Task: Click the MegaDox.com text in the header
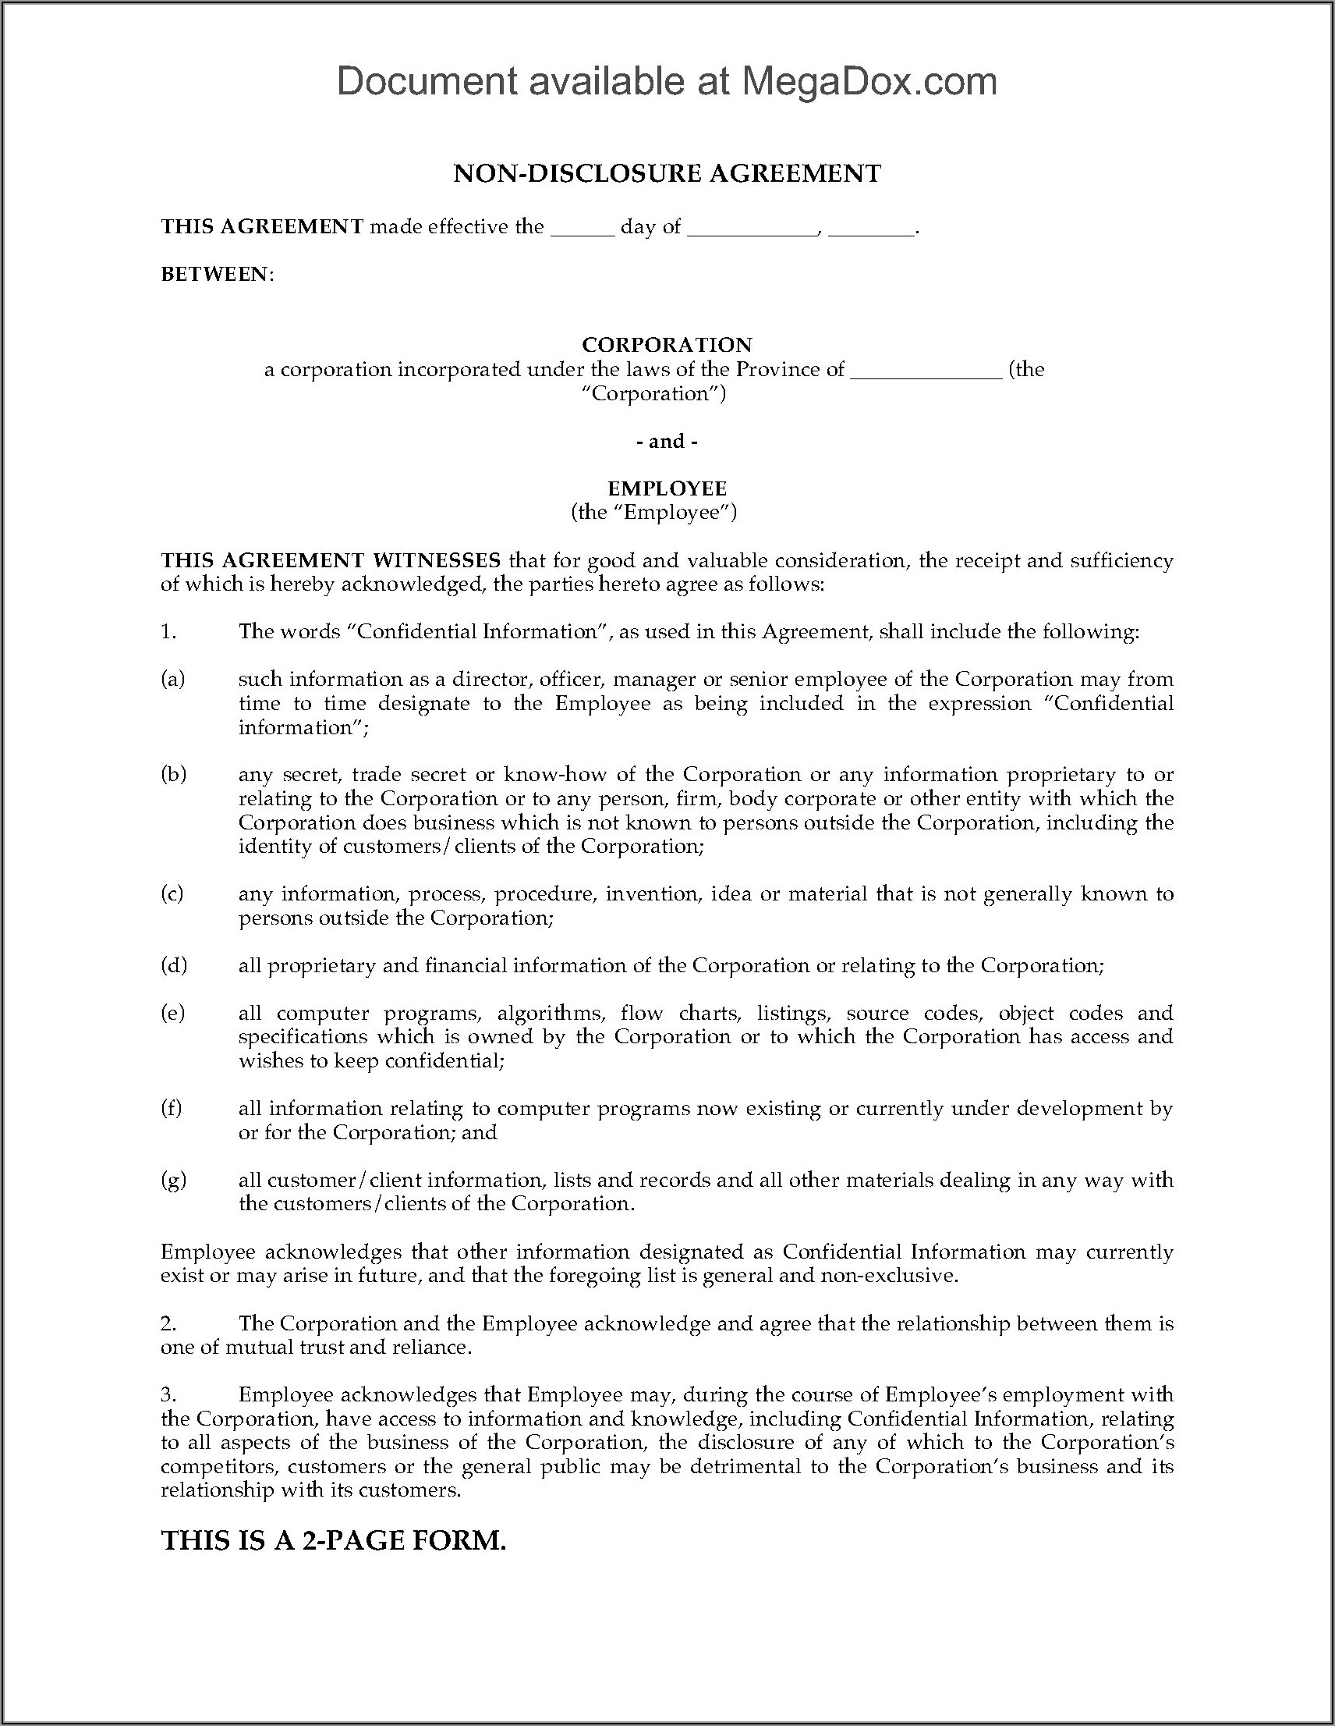click(x=869, y=82)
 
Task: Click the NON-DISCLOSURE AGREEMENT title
click(x=667, y=174)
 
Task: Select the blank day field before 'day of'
click(x=583, y=229)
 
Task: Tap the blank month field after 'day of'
click(x=752, y=229)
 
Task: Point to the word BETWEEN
click(x=215, y=274)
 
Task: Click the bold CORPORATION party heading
click(x=667, y=345)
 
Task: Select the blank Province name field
click(x=926, y=371)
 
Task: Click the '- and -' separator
click(x=667, y=441)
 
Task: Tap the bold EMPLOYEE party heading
click(x=667, y=488)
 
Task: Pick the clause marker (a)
click(x=172, y=679)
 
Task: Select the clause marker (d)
click(x=173, y=965)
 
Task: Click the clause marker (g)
click(x=173, y=1180)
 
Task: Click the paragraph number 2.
click(x=168, y=1323)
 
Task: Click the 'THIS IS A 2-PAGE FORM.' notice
click(x=333, y=1540)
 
